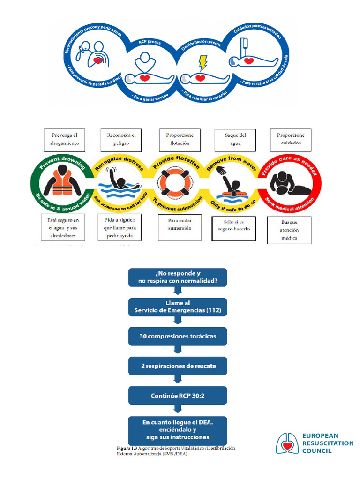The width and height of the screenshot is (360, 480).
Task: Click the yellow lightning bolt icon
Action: pos(202,62)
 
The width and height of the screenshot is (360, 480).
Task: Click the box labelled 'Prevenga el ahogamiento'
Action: pos(65,139)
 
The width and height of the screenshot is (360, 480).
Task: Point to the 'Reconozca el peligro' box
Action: pos(121,139)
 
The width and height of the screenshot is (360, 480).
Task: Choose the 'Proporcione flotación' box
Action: pos(180,139)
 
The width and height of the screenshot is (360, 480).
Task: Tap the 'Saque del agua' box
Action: pos(235,140)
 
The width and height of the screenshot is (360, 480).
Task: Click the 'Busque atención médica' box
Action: pos(289,230)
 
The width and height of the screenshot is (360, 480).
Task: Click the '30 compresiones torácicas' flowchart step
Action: pos(178,337)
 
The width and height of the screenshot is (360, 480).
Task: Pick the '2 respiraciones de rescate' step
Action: pos(178,366)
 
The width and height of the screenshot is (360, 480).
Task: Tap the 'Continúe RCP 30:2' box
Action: pos(178,396)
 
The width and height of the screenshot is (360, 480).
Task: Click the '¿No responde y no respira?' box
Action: pos(178,277)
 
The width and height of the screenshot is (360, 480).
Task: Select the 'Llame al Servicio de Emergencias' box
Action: pos(178,307)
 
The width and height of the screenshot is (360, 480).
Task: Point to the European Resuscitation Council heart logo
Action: pos(286,443)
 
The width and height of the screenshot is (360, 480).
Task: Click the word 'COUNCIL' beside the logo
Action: pos(317,451)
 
